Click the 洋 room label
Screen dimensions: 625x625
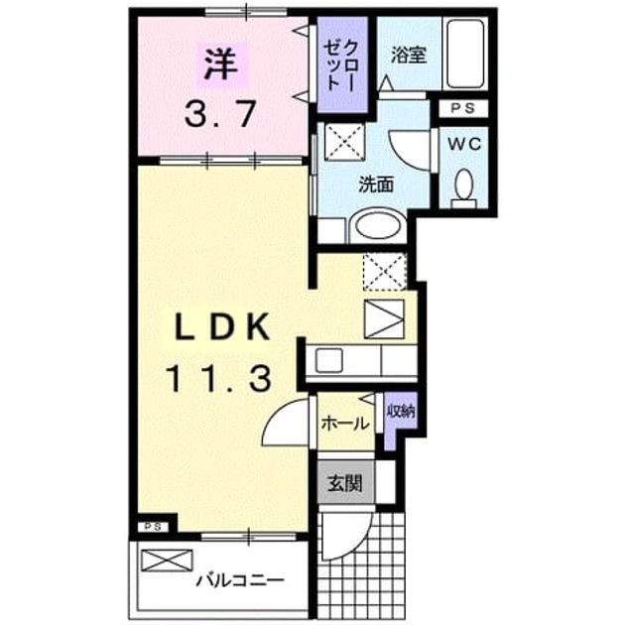[x=220, y=63]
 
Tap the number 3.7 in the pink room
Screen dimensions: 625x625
[x=219, y=114]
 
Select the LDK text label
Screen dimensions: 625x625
[x=222, y=326]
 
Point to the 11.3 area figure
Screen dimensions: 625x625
[x=219, y=379]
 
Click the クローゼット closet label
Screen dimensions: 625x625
[x=341, y=64]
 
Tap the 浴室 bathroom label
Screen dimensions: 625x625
[x=408, y=55]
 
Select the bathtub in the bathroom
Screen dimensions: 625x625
[x=465, y=54]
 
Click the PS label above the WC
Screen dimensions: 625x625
[x=462, y=108]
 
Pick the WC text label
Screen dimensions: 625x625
[x=464, y=144]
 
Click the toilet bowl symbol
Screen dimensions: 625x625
[x=464, y=187]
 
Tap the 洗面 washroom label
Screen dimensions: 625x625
[x=376, y=185]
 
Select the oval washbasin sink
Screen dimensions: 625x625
[x=378, y=226]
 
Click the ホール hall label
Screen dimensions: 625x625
[x=345, y=424]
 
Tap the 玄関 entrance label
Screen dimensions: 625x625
[x=345, y=483]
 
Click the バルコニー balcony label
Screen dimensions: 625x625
[x=240, y=580]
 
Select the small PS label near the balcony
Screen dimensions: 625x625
[x=153, y=527]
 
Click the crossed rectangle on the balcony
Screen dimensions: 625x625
[x=167, y=561]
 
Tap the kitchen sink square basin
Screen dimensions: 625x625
[x=328, y=360]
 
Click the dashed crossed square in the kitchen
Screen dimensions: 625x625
[x=385, y=272]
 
